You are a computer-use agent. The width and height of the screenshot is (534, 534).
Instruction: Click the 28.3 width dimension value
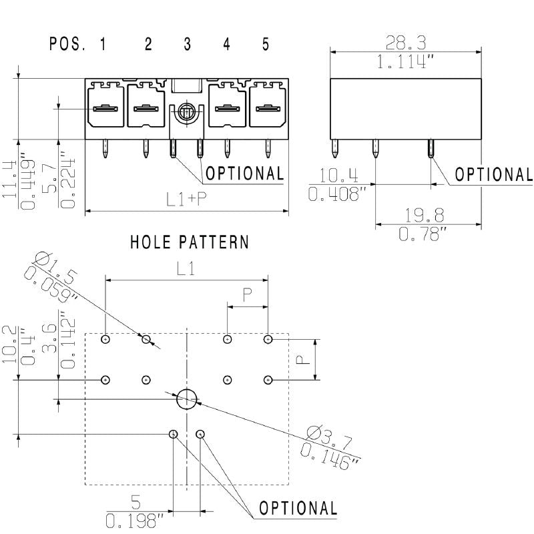point(406,43)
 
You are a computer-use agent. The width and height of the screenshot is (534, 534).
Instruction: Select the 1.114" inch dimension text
point(406,63)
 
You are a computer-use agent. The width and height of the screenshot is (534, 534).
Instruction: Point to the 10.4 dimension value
point(338,176)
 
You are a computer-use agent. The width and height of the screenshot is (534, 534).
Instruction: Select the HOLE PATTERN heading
point(190,242)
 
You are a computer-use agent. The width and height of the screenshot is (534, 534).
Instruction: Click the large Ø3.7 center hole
point(188,398)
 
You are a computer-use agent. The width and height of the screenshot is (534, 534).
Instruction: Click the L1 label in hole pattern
point(186,269)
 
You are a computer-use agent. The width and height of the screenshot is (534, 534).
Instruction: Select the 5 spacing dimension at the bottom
point(136,500)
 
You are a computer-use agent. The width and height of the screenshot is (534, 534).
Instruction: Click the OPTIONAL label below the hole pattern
point(298,508)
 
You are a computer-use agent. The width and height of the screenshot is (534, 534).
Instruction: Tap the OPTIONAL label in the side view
point(494,174)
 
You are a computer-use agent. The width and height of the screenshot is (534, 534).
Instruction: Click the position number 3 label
point(188,45)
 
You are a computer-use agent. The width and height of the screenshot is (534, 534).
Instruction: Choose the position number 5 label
point(266,45)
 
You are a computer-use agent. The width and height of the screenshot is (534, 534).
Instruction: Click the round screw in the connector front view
point(187,112)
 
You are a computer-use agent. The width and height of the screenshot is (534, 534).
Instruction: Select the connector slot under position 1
point(105,108)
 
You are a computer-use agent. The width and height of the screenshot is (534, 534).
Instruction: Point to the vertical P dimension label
point(302,359)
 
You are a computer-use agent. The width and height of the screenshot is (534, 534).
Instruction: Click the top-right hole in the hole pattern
point(268,339)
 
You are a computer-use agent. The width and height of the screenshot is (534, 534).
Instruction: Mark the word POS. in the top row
point(67,45)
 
